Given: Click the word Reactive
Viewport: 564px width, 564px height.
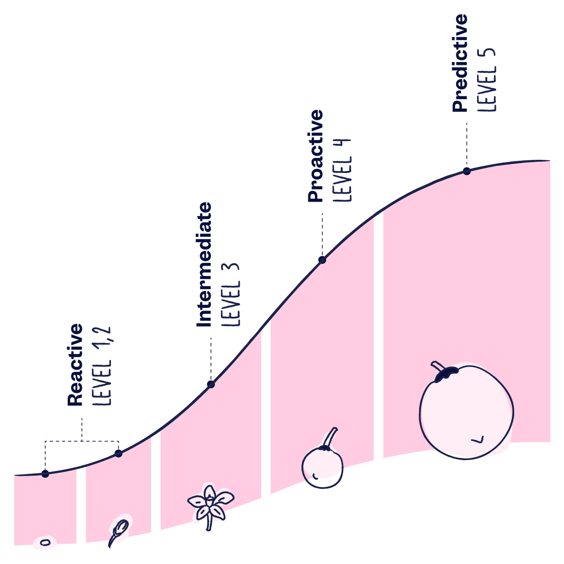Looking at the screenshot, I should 75,365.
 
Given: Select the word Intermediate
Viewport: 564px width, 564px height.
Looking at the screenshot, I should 204,265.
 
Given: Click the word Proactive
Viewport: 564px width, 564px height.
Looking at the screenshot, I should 316,156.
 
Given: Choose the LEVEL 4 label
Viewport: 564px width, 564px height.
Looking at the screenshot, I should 342,170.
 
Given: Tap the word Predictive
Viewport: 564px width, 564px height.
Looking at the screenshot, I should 460,63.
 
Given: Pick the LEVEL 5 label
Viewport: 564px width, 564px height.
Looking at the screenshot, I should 487,79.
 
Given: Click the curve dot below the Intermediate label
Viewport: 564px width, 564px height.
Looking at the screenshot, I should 211,384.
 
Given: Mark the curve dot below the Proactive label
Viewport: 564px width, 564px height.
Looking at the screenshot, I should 322,260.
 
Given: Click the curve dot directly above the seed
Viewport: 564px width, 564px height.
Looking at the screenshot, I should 45,474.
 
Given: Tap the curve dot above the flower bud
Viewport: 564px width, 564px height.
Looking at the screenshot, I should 118,454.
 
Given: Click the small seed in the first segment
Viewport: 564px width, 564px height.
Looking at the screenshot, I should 45,543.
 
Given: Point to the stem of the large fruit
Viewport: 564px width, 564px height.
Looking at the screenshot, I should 438,366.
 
